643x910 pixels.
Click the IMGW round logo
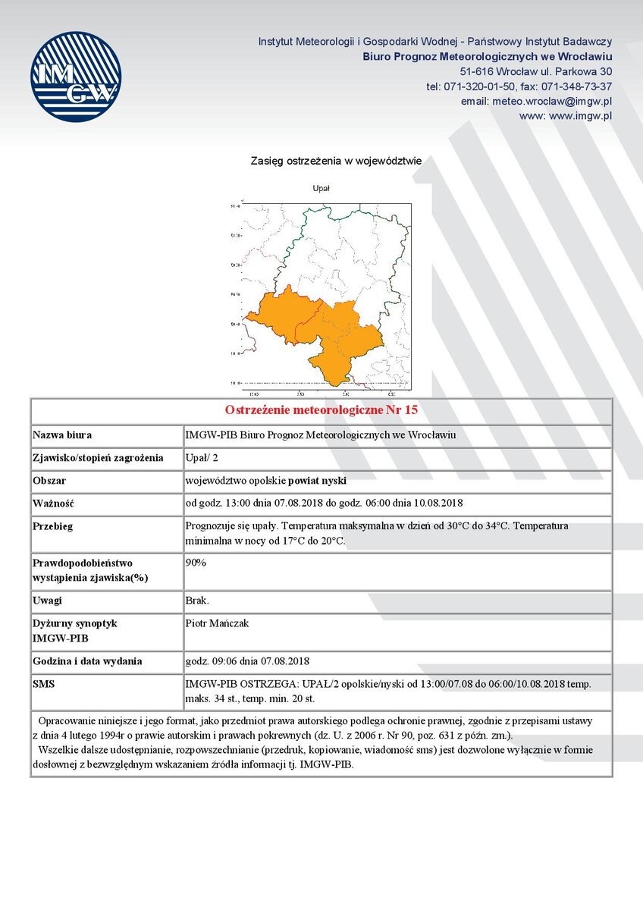coord(76,77)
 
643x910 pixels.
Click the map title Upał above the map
coord(321,187)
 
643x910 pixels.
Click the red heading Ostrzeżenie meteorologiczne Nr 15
coord(321,410)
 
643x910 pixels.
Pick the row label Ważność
coord(53,504)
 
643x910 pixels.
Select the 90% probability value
coord(196,563)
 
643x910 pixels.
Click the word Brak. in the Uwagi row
coord(197,601)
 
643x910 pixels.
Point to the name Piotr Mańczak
coord(217,623)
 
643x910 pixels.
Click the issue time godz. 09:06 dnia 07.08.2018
coord(247,661)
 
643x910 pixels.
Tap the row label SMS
coord(44,684)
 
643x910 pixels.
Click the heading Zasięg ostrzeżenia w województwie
coord(336,161)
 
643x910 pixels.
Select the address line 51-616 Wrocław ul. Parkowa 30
coord(535,71)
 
